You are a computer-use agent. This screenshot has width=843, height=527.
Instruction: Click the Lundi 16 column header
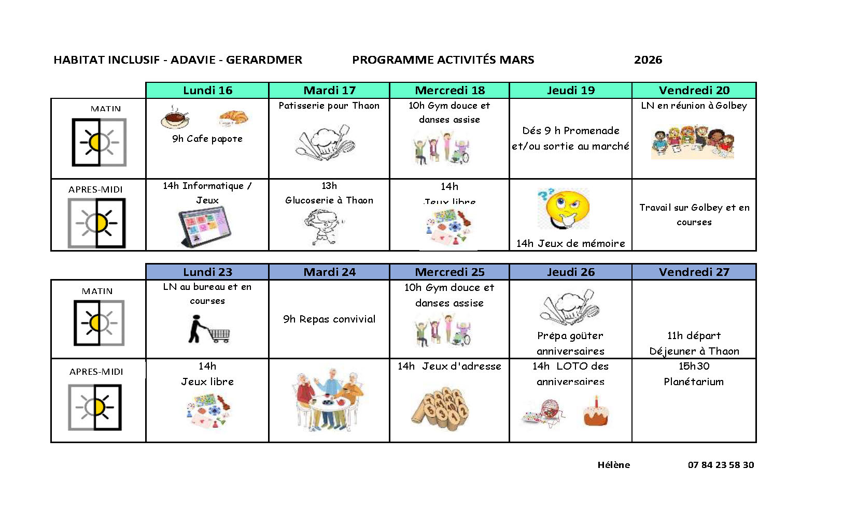207,90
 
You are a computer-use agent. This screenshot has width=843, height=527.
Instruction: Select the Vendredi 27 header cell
694,272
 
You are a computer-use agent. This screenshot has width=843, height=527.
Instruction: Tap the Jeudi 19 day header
570,90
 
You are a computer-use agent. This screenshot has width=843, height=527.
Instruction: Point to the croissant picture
233,118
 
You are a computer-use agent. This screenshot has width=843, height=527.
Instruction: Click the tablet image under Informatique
204,226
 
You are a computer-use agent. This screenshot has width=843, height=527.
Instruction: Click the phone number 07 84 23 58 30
721,465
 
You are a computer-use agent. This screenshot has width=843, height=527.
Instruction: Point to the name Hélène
613,465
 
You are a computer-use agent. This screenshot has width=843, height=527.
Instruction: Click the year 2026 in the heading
648,60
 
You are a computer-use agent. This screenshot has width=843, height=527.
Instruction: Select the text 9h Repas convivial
329,319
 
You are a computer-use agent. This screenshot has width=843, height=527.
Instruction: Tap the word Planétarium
694,382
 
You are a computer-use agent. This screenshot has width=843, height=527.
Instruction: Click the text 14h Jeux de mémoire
570,243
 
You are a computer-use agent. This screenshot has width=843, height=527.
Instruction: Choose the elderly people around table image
329,400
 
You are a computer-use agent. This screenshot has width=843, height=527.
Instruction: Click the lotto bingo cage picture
543,413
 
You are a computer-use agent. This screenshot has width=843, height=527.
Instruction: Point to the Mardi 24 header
329,272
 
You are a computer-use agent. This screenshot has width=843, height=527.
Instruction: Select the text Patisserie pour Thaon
329,106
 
